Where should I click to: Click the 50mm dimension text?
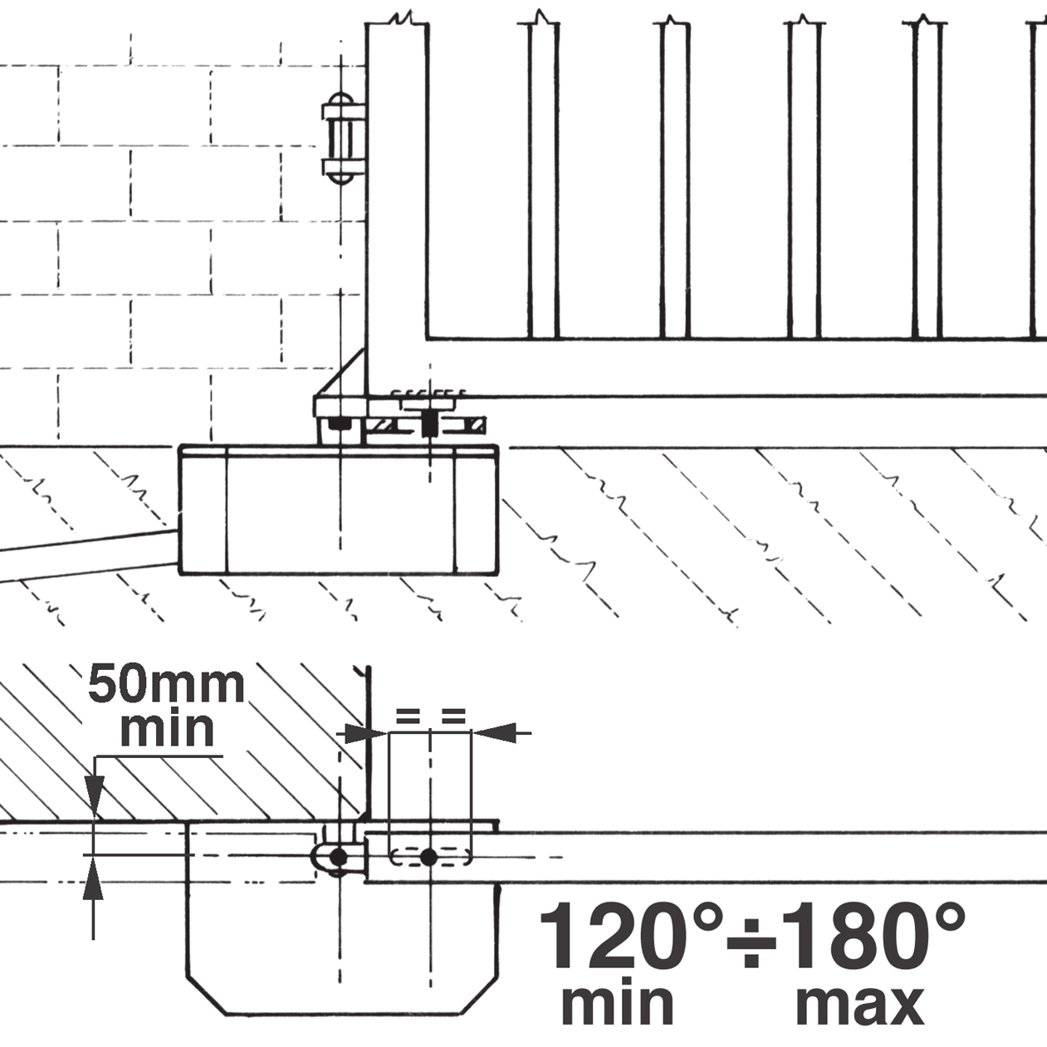point(166,685)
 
